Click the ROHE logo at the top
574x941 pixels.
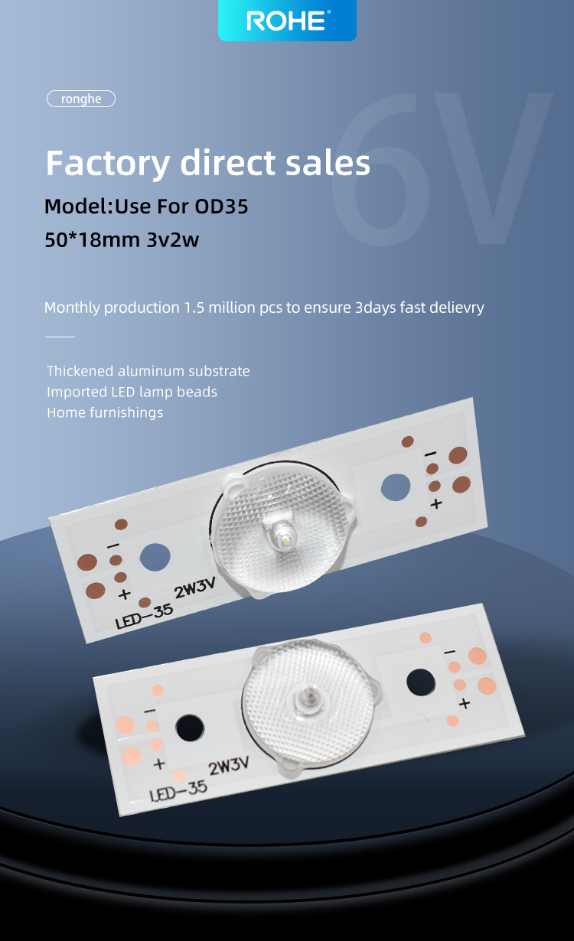(288, 20)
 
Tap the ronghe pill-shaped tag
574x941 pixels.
(81, 99)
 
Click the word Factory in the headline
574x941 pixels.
(108, 164)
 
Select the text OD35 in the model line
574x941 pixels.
(221, 207)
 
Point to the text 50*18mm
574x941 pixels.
(93, 240)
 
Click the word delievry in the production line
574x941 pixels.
(455, 308)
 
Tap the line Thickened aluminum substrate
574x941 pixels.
(148, 371)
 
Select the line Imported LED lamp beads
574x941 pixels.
(132, 392)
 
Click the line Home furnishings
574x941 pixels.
(105, 412)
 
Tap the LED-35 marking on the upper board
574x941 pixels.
(144, 617)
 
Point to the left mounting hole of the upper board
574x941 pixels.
(155, 557)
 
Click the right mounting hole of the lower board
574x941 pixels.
(421, 682)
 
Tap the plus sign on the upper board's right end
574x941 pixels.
(436, 503)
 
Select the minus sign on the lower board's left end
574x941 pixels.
(149, 711)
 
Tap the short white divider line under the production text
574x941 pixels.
(60, 337)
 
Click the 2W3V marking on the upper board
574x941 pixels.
(195, 588)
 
